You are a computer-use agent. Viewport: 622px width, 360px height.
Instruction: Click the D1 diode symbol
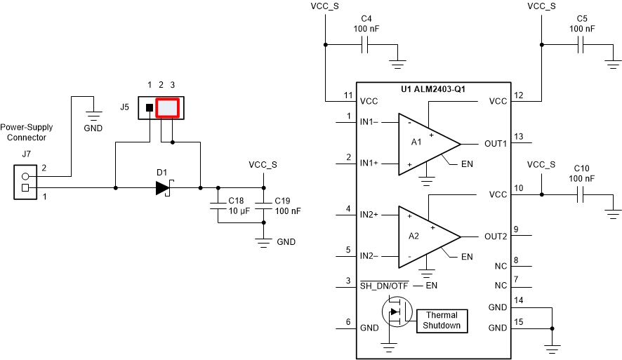click(x=164, y=188)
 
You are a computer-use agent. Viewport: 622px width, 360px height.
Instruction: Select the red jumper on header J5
click(x=168, y=108)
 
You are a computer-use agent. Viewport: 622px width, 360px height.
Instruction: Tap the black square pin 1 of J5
click(x=150, y=108)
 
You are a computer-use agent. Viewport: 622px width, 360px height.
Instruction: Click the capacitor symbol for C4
click(x=364, y=46)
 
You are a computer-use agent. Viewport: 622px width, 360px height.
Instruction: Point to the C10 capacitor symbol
click(x=581, y=197)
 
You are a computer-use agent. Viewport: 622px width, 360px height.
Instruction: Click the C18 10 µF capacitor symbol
click(x=218, y=206)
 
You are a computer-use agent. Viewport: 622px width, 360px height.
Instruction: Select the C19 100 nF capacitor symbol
click(x=263, y=206)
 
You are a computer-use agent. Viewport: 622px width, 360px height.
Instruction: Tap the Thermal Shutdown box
click(x=442, y=320)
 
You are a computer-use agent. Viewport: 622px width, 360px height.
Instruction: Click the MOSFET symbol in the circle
click(x=395, y=312)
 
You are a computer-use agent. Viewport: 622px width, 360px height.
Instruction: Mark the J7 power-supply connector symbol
click(x=25, y=182)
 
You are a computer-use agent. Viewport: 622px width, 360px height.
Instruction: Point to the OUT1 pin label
click(x=496, y=143)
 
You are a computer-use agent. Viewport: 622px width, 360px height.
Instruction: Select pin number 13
click(x=518, y=136)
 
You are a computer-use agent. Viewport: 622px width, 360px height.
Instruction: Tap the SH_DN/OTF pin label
click(x=384, y=286)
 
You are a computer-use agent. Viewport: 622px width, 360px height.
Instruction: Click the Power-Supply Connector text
click(x=27, y=133)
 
